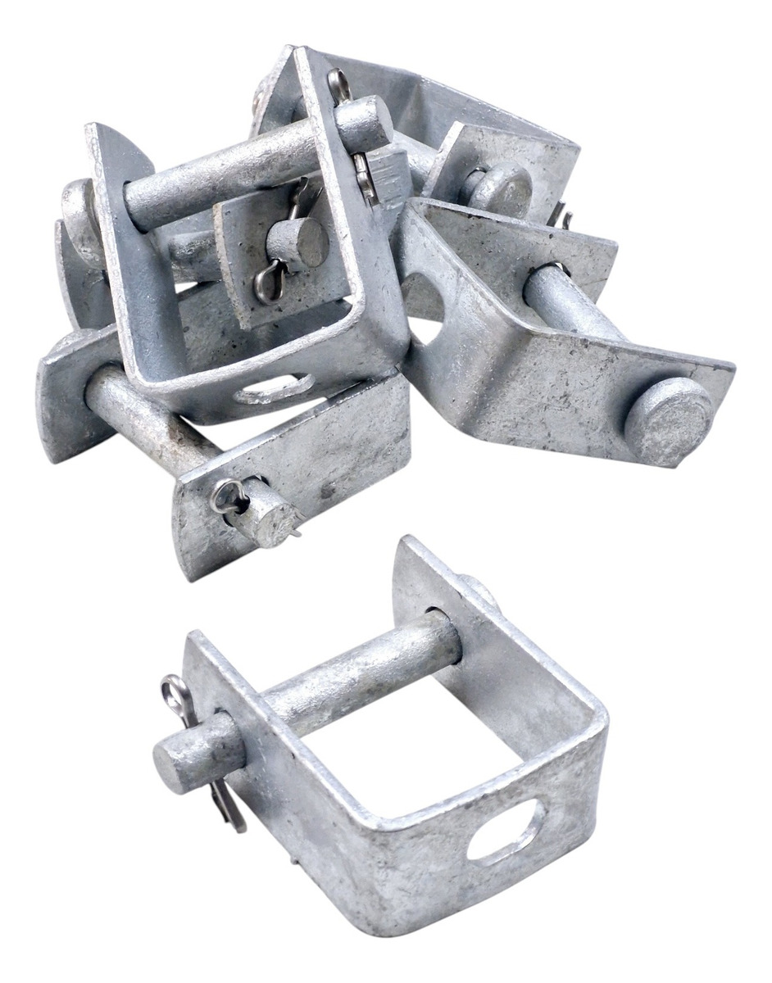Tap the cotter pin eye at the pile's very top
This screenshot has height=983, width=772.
[336, 79]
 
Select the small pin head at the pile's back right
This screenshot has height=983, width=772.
[502, 188]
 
